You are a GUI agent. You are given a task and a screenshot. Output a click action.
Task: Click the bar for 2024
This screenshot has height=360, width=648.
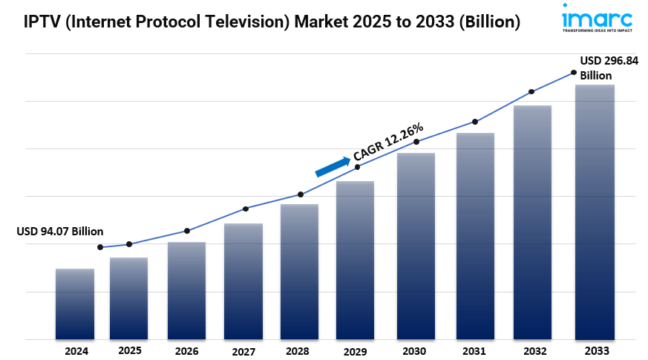point(75,304)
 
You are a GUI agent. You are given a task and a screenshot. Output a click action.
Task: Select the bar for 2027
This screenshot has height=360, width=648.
point(243,281)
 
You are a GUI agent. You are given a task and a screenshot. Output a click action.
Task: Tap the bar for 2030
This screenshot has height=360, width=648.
point(416,246)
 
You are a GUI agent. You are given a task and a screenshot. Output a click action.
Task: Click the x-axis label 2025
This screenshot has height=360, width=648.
point(130,350)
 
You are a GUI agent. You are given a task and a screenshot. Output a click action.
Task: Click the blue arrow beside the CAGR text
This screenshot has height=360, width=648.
point(333,166)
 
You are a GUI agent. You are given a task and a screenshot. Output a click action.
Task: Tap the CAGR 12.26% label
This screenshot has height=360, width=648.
point(387,142)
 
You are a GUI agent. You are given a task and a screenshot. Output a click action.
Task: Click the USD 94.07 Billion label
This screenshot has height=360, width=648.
point(60,232)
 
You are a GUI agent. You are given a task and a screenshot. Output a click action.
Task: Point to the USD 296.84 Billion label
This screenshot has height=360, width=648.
point(609,68)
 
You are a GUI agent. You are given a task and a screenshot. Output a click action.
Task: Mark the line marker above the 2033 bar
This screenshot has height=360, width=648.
point(574,72)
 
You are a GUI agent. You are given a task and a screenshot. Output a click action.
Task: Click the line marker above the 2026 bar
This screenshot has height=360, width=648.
point(187,231)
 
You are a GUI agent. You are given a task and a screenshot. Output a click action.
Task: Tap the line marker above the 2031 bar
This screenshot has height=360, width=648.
point(475,122)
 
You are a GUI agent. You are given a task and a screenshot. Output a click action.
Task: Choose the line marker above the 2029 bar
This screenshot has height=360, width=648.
point(357,167)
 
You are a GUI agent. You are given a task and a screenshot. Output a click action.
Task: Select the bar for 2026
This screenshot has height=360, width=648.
point(186,290)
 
